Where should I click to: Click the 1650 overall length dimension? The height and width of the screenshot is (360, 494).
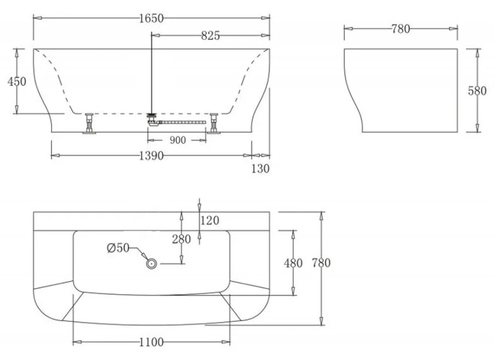pos(151,18)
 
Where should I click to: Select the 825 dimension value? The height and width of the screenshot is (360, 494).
pos(210,35)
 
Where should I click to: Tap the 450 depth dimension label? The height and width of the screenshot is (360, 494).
pos(17,82)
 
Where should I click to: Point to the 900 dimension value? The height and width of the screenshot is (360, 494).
pos(177,140)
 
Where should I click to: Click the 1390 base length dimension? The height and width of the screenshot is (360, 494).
pos(151,155)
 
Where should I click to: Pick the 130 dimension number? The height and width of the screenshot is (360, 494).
pos(260,169)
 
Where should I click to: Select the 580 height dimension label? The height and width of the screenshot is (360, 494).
pos(477,91)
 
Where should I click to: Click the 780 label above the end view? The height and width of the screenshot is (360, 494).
pos(400,29)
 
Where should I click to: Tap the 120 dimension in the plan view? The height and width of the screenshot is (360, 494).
pos(210,220)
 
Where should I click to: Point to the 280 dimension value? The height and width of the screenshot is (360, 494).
pos(182,239)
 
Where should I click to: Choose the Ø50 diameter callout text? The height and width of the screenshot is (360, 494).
pos(119,248)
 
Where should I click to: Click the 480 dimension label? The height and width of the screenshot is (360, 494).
pos(293,263)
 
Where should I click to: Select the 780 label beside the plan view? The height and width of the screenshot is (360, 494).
pos(321,263)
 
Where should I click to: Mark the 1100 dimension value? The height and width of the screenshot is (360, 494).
pos(151,342)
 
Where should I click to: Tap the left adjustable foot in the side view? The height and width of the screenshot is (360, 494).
pos(89,123)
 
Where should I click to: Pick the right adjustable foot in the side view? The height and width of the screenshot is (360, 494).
pos(214,123)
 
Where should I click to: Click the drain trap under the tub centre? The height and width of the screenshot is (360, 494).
pos(152,120)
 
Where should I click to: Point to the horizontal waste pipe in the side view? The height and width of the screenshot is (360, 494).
pos(182,122)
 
